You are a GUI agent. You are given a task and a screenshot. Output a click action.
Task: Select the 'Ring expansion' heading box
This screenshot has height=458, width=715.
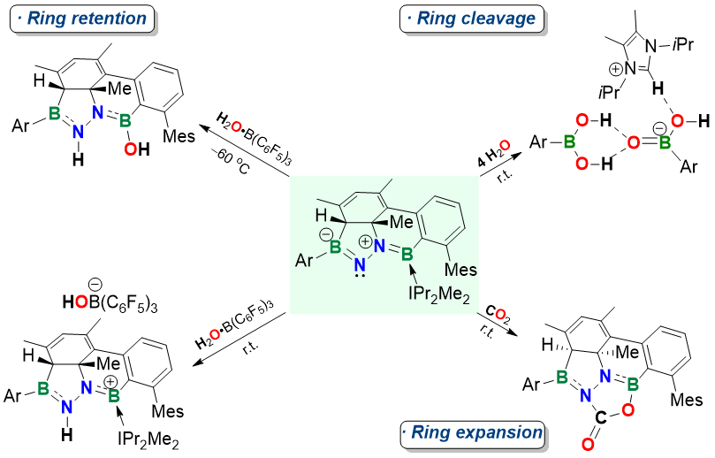click(x=470, y=433)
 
